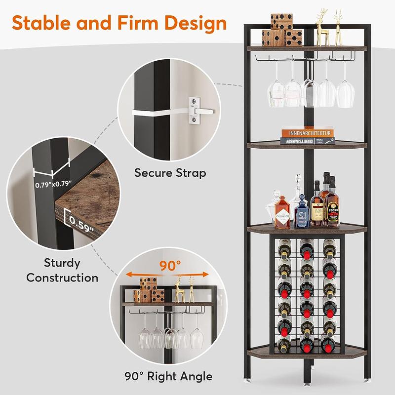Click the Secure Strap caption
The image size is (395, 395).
coord(170,173)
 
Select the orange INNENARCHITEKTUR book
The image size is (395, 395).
coord(308,133)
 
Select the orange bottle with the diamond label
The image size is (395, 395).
coord(282,213)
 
